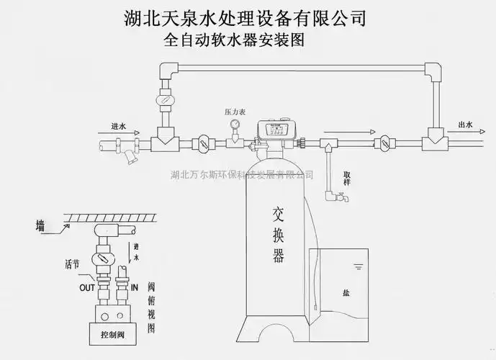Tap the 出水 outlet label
coord(466,125)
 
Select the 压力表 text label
coord(235,112)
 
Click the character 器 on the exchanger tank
coord(279,256)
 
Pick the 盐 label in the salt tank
coord(347,293)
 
